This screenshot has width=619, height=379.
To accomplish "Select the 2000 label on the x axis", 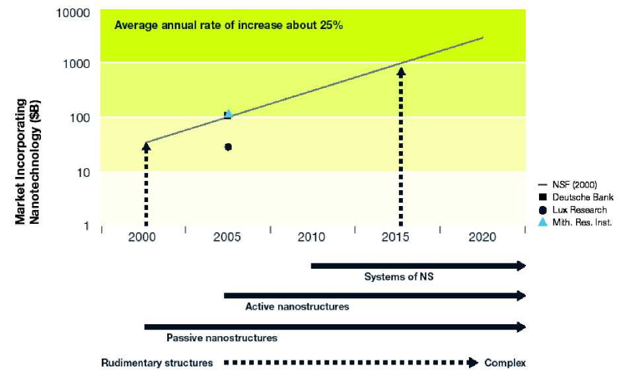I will (143, 238).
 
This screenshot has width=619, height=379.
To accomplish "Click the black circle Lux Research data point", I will (228, 147).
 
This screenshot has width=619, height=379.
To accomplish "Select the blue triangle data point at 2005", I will (229, 114).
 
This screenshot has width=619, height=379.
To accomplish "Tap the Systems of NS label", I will (398, 277).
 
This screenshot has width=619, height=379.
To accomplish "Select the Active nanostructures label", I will (297, 306).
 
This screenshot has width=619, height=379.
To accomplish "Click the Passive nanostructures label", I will (221, 338).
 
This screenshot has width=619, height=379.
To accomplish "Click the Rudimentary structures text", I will (157, 362).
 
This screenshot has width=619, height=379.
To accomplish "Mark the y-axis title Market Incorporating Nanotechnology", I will (29, 162).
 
